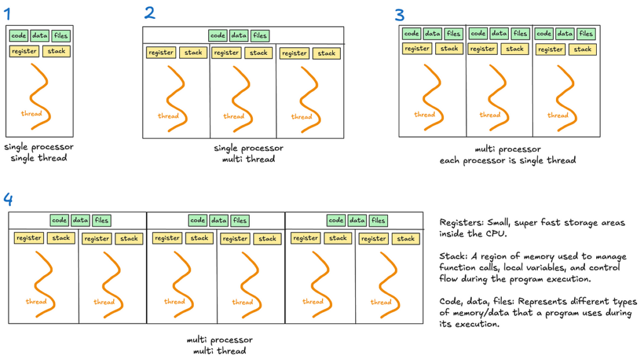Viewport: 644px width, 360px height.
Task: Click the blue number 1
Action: [7, 14]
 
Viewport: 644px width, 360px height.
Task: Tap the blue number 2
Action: [150, 13]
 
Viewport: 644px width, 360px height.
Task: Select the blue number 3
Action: [399, 15]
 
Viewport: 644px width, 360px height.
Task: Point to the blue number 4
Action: [8, 200]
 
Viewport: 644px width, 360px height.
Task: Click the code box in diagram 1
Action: [18, 36]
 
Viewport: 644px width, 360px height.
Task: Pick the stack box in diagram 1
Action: [56, 52]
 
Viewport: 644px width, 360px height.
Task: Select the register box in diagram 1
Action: [25, 52]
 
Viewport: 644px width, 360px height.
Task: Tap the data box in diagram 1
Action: [40, 36]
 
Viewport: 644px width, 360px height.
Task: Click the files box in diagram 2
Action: [260, 36]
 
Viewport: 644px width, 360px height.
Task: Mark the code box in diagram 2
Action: [218, 36]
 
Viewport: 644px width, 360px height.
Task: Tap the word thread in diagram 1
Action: [31, 113]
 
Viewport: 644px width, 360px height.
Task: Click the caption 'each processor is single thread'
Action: [508, 160]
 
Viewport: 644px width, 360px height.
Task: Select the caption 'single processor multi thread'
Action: [248, 154]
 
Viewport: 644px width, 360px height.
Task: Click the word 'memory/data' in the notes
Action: [480, 313]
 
